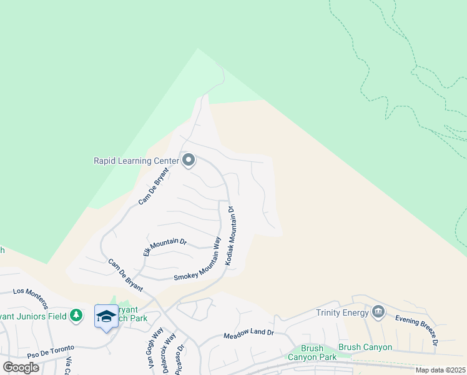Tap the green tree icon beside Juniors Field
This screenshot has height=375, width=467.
(76, 315)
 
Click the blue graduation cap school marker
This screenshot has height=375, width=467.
(106, 316)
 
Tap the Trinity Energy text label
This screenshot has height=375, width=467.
(342, 312)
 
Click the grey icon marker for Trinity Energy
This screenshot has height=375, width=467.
(378, 311)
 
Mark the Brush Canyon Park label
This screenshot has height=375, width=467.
(312, 353)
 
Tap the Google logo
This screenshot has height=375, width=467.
(21, 367)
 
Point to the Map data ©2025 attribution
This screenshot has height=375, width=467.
(440, 370)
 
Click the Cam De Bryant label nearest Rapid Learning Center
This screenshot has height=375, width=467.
(154, 186)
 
